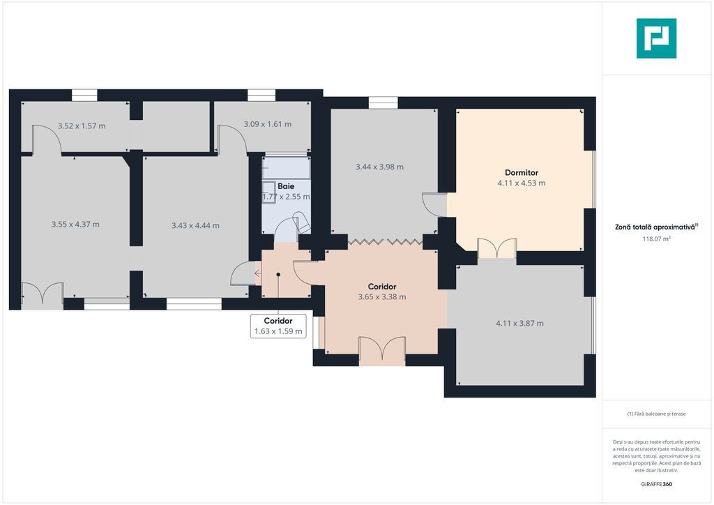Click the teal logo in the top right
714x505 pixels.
(656, 38)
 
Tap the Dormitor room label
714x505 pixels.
(522, 172)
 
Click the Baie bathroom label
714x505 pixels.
(286, 186)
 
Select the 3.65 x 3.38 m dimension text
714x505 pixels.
(382, 297)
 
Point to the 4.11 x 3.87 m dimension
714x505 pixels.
(519, 324)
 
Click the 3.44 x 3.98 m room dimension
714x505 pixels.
(379, 167)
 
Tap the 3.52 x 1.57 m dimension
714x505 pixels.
(82, 126)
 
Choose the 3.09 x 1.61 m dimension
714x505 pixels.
(267, 124)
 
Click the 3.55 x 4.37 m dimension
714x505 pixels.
(75, 224)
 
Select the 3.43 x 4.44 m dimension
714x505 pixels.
(195, 225)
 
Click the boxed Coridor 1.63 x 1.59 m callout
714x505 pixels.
(278, 326)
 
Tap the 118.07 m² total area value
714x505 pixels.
(656, 239)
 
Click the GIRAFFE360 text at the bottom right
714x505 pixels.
(656, 484)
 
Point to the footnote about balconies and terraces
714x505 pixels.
(656, 414)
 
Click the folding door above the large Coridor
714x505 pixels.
(385, 241)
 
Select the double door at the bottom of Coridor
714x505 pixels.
(382, 351)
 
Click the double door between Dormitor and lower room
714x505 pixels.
(496, 248)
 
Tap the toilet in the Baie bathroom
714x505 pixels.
(303, 222)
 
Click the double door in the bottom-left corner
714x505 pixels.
(42, 295)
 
